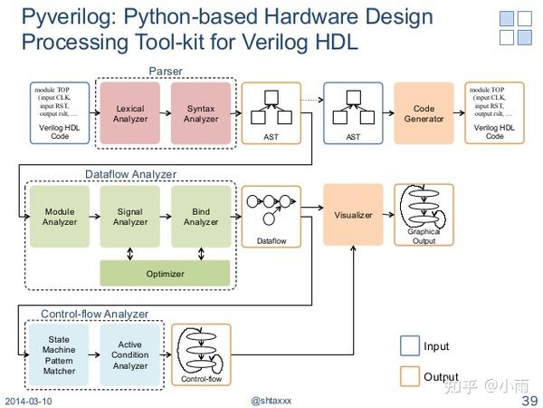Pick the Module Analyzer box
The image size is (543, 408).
[x=60, y=217]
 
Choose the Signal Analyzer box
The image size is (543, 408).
[x=130, y=217]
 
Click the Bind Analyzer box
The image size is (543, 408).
[x=201, y=217]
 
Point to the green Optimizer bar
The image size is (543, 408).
[x=165, y=273]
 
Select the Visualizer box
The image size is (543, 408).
[x=353, y=216]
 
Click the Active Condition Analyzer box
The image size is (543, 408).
[x=130, y=354]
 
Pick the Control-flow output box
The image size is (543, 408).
[x=201, y=355]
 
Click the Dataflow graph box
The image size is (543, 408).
[x=271, y=216]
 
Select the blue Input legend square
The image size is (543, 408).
[x=409, y=345]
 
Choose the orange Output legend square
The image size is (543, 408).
[x=409, y=375]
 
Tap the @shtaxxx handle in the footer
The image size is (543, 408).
[x=271, y=401]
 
